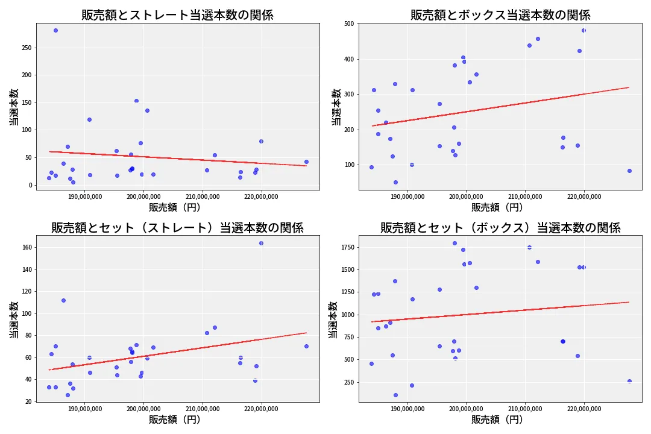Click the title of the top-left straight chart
pos(177,15)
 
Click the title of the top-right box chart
pos(500,15)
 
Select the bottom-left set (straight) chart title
pos(177,228)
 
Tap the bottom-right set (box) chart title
pos(500,228)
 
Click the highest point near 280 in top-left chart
pos(55,30)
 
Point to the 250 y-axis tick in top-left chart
pos(27,48)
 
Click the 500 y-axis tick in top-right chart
pos(349,24)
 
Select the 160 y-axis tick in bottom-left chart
pos(27,247)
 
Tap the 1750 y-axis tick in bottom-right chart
pos(345,248)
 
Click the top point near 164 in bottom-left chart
pos(261,243)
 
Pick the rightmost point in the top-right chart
pos(629,171)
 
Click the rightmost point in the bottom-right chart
pos(629,381)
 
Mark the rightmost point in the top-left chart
pos(306,162)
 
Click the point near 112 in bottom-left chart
pos(63,300)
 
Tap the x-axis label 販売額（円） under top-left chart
pos(175,207)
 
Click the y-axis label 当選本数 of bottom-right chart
pos(333,319)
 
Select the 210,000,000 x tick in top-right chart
pos(525,196)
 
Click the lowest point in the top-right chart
pos(395,182)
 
